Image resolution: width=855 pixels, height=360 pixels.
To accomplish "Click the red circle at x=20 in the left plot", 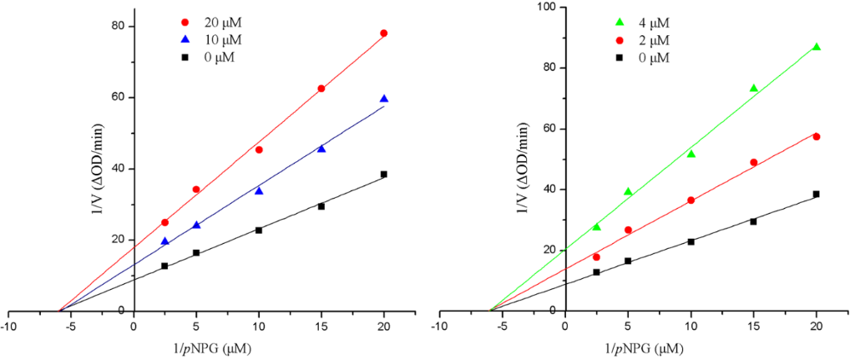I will click(384, 33).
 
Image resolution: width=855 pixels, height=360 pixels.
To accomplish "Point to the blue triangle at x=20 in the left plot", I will click(384, 99).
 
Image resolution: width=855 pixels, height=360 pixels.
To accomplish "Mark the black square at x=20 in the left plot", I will click(384, 174).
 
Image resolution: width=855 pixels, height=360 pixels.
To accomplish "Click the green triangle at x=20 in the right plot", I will click(817, 47).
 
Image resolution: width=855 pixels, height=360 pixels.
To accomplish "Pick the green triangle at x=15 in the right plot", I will click(753, 89).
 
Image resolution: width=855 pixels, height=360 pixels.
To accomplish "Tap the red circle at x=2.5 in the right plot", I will click(596, 256).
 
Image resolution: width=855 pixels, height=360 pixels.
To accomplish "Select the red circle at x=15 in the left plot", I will click(321, 89).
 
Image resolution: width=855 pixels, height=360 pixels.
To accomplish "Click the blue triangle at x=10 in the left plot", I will click(259, 191).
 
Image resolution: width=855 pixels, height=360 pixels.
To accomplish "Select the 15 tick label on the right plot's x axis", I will click(753, 326).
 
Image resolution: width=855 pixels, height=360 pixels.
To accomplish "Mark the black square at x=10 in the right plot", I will click(691, 241).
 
